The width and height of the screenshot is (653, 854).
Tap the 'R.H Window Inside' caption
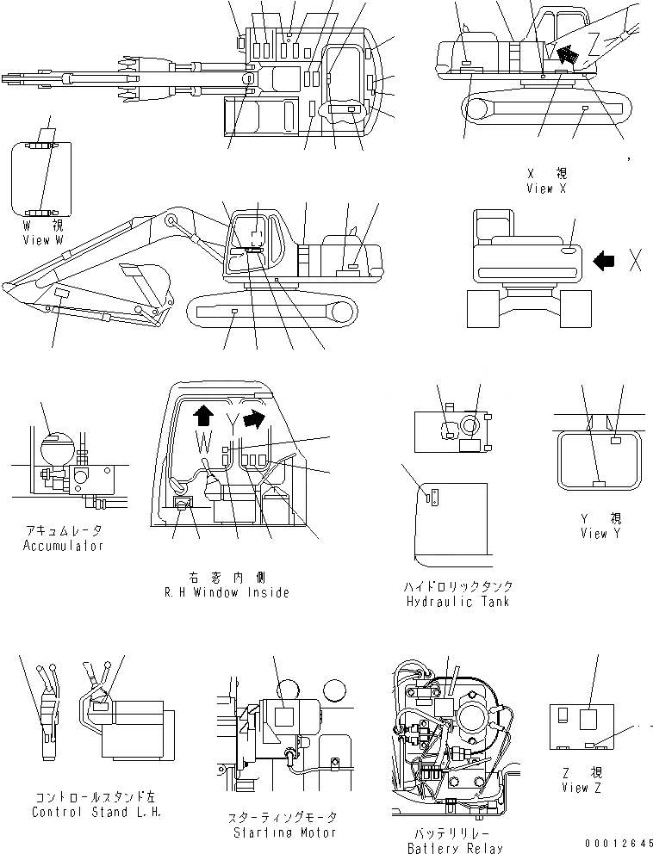pyautogui.click(x=227, y=592)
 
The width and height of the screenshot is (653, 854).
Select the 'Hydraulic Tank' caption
pyautogui.click(x=457, y=601)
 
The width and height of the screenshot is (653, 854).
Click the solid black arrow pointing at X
pyautogui.click(x=606, y=258)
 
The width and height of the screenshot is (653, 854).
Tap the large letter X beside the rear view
pyautogui.click(x=636, y=261)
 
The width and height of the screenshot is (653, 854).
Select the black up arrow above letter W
pyautogui.click(x=203, y=417)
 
